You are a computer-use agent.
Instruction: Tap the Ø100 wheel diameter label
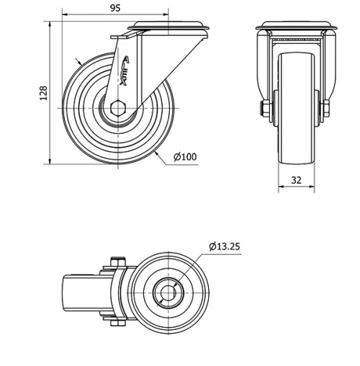pyautogui.click(x=185, y=157)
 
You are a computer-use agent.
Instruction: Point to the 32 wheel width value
pyautogui.click(x=296, y=180)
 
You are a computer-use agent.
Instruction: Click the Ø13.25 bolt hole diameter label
pyautogui.click(x=225, y=246)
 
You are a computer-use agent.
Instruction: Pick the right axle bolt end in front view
pyautogui.click(x=325, y=109)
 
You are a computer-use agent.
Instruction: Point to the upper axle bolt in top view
pyautogui.click(x=117, y=262)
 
